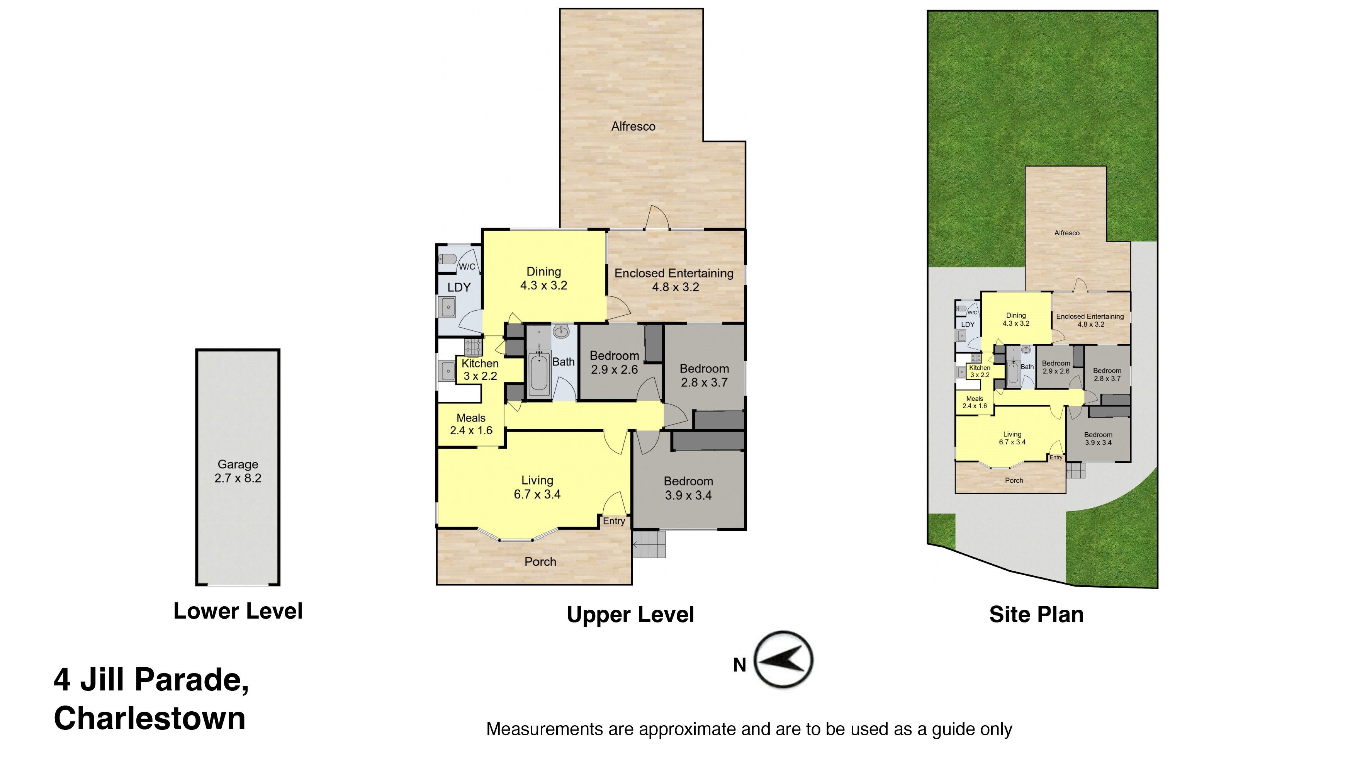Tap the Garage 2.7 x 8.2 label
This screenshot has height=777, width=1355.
pos(238,471)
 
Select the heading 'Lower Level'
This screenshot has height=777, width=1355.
pos(238,611)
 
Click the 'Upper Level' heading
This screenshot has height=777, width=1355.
pos(630,615)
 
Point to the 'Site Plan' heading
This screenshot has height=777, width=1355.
pos(1036,614)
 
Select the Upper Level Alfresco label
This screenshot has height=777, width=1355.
pos(633,126)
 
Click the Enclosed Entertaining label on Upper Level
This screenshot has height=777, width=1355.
pos(674,280)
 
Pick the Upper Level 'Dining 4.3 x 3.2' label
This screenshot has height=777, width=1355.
pos(543,279)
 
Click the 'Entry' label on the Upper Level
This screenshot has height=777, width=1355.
pos(614,521)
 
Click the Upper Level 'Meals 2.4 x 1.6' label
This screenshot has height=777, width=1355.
pos(471,424)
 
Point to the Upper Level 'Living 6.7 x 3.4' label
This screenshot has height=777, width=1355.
pos(537,487)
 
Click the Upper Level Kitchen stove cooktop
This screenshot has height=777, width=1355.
pos(473,348)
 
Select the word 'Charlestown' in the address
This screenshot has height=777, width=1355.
pos(150,718)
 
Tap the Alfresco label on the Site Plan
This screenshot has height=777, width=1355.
pos(1067,233)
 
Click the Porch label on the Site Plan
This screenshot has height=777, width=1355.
pos(1014,480)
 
